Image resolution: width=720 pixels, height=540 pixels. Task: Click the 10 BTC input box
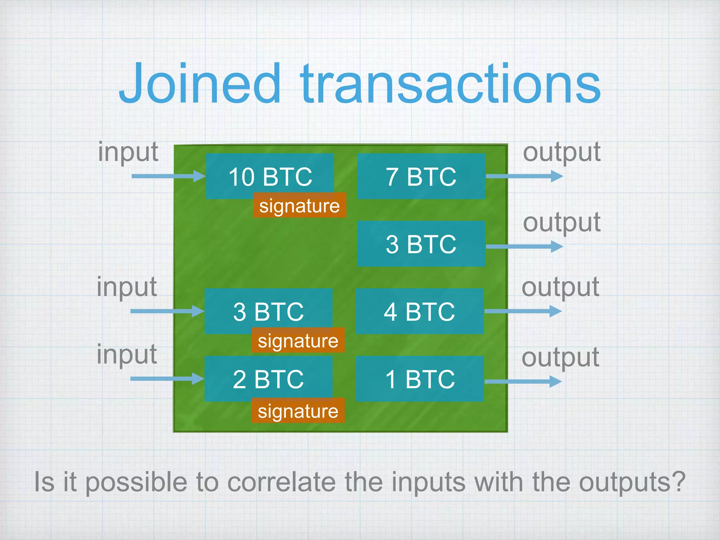270,176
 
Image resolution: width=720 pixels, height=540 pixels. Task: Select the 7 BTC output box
421,176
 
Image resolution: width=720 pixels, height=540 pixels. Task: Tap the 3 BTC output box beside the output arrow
421,244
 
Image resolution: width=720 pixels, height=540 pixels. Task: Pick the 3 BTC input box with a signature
268,311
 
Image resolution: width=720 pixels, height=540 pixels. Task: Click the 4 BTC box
419,311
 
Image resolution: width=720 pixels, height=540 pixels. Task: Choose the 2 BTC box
268,379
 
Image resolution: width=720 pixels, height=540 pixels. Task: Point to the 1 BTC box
419,379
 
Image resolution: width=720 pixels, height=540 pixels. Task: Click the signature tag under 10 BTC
299,205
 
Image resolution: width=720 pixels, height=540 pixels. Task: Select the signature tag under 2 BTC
298,411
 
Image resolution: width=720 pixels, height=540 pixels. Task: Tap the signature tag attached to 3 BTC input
298,340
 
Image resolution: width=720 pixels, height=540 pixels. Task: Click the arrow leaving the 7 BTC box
524,176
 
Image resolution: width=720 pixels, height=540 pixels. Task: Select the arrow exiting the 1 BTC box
523,381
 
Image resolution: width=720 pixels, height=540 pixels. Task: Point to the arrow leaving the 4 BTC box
523,311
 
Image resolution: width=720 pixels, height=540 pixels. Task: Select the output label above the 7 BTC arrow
561,152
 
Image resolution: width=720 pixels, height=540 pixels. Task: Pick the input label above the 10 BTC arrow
128,152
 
